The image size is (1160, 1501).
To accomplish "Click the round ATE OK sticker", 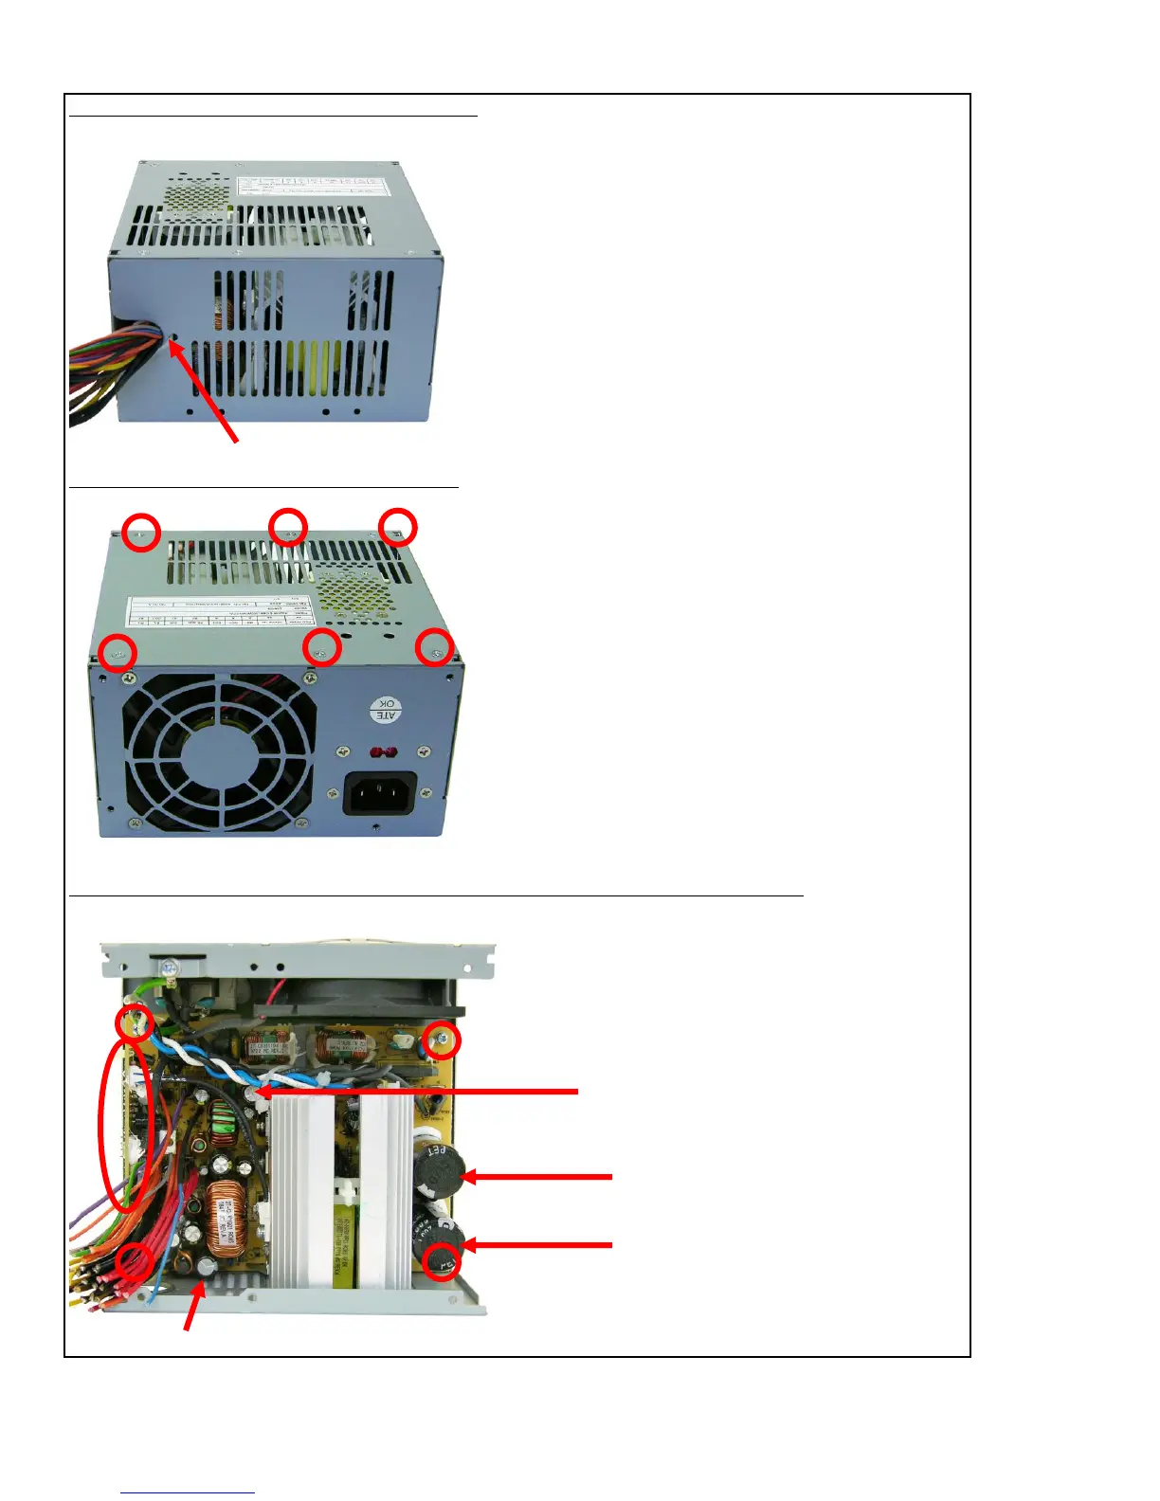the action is point(386,709).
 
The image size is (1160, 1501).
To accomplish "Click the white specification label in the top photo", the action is point(314,188).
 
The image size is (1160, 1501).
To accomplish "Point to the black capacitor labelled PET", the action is point(438,1166).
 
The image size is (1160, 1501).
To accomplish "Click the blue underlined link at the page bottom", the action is point(188,1492).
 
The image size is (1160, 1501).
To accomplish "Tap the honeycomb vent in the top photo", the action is point(198,197).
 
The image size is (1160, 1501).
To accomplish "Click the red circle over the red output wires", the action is point(135,1260).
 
